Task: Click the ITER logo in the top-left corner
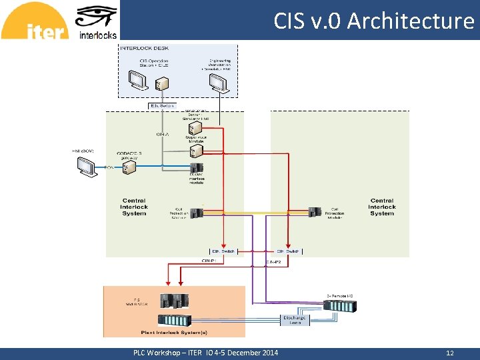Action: (35, 22)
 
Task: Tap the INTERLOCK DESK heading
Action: (145, 48)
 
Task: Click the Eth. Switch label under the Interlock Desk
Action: (162, 105)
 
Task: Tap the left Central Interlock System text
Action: (134, 207)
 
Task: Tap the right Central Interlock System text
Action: (382, 207)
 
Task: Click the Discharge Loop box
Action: (295, 321)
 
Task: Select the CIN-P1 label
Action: (208, 261)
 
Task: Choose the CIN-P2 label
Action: (273, 263)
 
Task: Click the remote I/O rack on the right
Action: (339, 306)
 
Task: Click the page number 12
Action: (450, 353)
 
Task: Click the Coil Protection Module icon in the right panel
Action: (315, 212)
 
